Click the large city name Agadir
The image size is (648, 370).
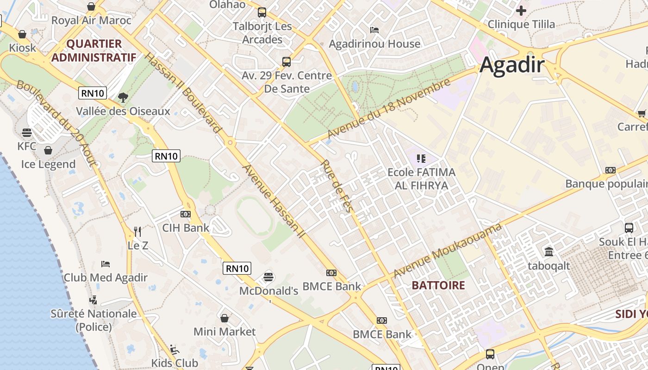point(512,65)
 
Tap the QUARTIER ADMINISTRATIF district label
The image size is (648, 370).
point(94,50)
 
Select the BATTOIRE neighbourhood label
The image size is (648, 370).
point(438,285)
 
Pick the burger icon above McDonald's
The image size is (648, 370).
point(268,277)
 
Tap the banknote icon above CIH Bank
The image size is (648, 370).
point(186,214)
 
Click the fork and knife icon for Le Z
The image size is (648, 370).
point(137,231)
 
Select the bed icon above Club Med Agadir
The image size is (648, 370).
point(106,264)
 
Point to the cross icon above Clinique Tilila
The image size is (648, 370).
point(521,10)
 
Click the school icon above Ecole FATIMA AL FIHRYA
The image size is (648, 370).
point(421,159)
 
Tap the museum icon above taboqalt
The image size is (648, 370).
point(549,252)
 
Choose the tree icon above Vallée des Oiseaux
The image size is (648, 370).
point(123,97)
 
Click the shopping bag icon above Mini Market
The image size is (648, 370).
point(224,318)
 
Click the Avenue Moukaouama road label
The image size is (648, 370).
point(448,250)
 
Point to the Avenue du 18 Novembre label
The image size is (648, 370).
point(389,108)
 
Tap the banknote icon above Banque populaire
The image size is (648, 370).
point(611,170)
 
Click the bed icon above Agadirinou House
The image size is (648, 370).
point(374,30)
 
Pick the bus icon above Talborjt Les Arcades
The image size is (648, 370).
point(262,12)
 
